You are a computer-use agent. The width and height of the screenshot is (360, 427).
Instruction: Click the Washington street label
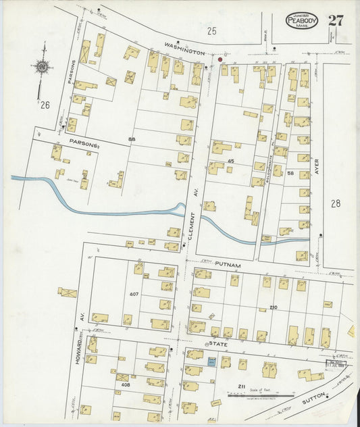click(185, 51)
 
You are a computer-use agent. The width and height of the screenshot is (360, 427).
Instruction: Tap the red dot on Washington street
click(220, 59)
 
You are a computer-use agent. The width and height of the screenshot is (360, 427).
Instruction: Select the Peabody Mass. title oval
click(301, 20)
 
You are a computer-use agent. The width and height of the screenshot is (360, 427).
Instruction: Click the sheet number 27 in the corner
click(336, 20)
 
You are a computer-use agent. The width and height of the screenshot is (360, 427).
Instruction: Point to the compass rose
click(43, 67)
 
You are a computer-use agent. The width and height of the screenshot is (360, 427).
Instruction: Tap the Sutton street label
click(313, 400)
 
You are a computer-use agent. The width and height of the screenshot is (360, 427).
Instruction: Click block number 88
click(132, 139)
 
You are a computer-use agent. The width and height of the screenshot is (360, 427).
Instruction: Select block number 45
click(230, 160)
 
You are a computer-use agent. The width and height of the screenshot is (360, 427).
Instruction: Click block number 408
click(125, 384)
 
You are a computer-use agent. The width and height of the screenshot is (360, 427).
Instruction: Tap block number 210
click(273, 307)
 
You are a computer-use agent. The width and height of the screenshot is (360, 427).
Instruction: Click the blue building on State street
click(211, 363)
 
